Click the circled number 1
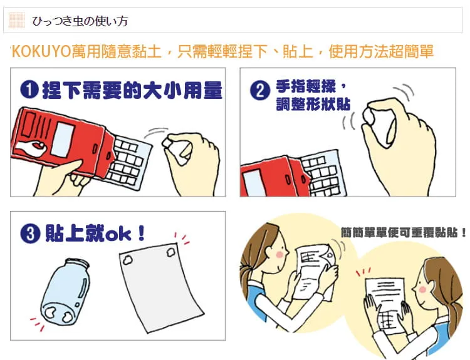click(x=29, y=90)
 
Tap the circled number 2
click(x=259, y=90)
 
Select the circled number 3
click(x=30, y=234)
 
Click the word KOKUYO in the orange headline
click(x=41, y=51)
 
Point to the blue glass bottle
click(x=65, y=292)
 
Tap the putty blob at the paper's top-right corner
click(x=171, y=251)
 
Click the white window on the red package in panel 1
click(x=63, y=139)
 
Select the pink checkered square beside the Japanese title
click(x=16, y=21)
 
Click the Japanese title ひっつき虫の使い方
click(x=80, y=21)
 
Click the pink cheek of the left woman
click(x=279, y=254)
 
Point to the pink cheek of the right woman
click(x=422, y=290)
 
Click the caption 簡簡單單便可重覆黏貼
click(x=403, y=232)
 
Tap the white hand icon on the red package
click(x=30, y=147)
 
